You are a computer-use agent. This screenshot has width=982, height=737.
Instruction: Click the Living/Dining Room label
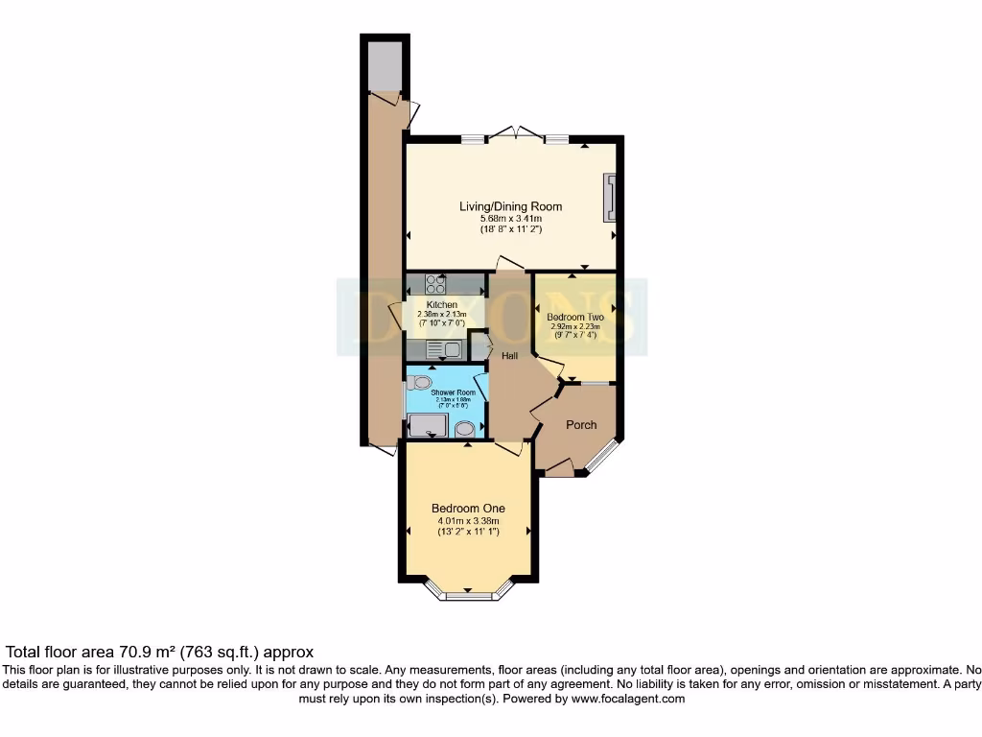coord(510,206)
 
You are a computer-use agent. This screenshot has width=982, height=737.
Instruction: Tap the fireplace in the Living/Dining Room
coord(609,199)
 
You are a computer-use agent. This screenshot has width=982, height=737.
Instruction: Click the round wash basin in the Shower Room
coord(464,429)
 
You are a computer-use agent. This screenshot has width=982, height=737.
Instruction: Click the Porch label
coord(581,425)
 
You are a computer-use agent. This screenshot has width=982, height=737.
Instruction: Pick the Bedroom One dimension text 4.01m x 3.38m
coord(468,521)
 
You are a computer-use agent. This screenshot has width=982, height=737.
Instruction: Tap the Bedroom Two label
coord(574,317)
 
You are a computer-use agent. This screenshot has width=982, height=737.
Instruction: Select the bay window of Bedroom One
coord(468,595)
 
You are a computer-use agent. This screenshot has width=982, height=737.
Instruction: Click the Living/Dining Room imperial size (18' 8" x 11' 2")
coord(510,230)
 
